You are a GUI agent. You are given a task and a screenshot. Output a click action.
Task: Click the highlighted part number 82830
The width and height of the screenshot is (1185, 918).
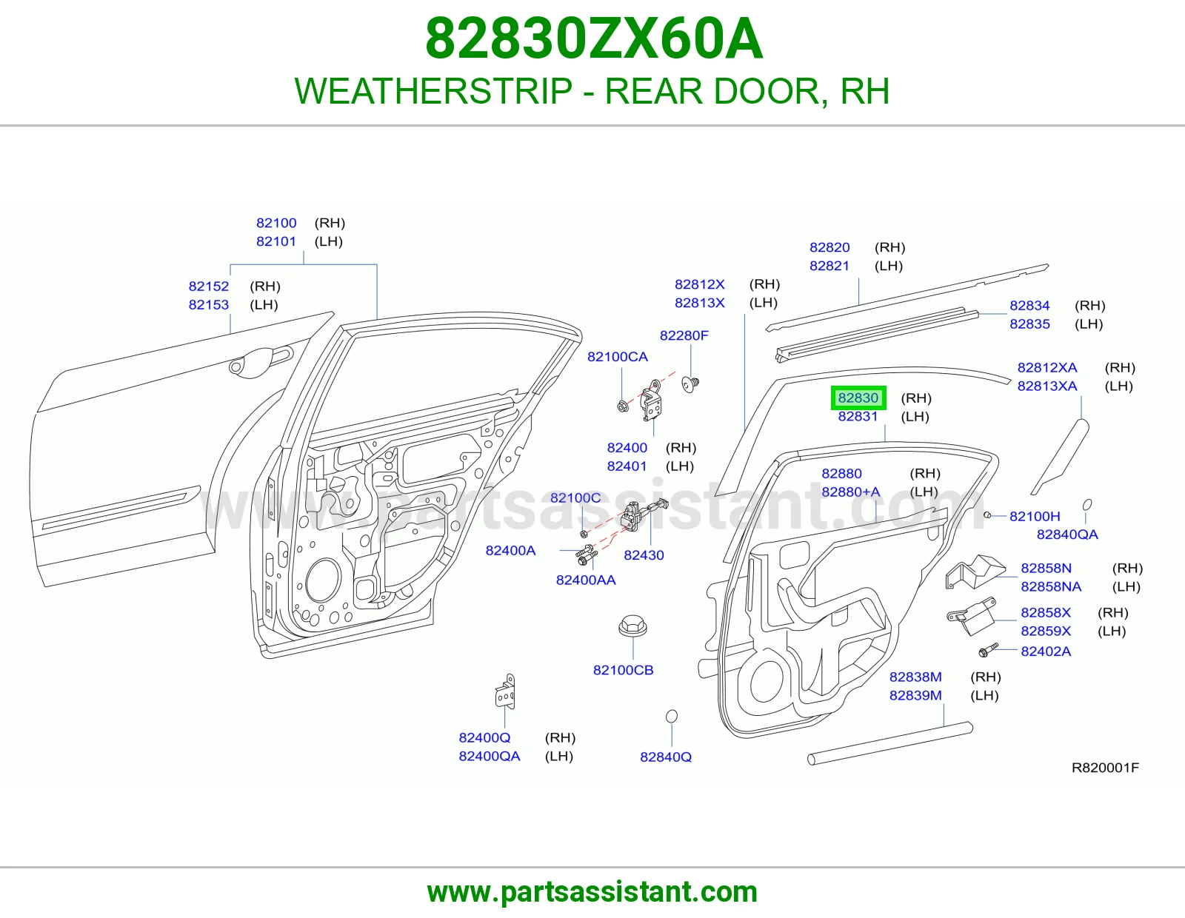858,398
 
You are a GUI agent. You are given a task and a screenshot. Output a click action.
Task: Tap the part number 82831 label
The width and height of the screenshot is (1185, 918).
858,417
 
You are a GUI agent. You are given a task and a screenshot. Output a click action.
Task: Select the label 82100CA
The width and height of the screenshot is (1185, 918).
618,357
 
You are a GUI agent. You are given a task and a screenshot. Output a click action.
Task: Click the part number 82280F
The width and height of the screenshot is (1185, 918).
684,335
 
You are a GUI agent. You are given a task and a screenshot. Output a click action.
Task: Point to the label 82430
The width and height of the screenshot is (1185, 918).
644,555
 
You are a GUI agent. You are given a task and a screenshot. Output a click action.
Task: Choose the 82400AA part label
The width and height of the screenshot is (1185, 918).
586,580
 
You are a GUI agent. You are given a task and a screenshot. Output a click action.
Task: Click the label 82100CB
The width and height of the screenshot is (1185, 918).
624,670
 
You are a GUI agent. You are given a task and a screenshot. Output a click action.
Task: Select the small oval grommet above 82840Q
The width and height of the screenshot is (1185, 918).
672,716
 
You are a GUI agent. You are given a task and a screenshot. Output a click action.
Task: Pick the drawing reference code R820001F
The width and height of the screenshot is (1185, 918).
1105,768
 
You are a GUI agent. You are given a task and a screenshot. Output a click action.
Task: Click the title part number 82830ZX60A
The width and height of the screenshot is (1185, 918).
594,38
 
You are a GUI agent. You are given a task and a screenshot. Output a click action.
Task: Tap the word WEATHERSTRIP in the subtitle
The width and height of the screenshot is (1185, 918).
433,91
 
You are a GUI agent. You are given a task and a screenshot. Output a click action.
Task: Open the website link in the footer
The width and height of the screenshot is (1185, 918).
592,892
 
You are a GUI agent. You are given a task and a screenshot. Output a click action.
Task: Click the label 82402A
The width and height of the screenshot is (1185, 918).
1046,651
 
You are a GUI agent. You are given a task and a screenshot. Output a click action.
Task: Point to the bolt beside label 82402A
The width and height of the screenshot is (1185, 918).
987,650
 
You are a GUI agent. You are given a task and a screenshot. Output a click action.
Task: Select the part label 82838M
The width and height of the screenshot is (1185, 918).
915,677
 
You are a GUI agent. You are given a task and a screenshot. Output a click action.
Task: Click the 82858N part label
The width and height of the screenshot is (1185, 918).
1046,568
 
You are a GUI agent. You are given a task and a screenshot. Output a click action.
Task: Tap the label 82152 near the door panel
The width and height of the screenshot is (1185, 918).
209,287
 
